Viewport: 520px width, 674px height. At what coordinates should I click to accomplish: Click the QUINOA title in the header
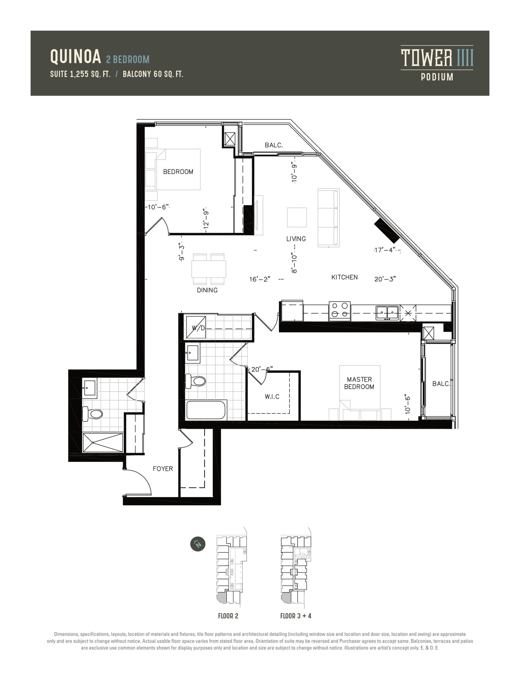(75, 57)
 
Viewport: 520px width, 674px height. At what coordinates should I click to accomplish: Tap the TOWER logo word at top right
(426, 58)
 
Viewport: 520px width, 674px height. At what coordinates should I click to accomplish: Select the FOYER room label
(163, 469)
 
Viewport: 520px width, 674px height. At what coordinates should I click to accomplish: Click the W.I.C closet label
(272, 397)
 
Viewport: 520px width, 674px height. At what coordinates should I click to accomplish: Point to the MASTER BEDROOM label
(359, 383)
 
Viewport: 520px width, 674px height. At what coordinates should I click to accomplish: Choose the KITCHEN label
(344, 277)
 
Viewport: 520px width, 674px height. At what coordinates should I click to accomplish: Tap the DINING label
(207, 290)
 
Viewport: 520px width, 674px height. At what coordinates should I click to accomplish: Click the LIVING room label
(296, 239)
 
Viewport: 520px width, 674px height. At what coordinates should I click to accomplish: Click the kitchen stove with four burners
(340, 310)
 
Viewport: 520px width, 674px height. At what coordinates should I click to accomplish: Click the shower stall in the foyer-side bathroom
(103, 443)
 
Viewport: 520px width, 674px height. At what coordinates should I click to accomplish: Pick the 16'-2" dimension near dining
(260, 279)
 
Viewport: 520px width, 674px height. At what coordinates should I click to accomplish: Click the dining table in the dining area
(209, 269)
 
